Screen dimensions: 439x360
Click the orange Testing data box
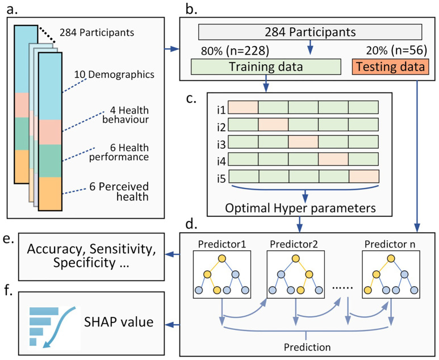390,66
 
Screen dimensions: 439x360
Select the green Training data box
266,66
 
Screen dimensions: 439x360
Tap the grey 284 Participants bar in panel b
310,32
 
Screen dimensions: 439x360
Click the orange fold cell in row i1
243,107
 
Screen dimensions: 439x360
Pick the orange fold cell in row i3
303,141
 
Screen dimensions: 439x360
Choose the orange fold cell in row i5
364,177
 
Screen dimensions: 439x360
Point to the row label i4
221,161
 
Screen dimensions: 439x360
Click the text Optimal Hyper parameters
300,208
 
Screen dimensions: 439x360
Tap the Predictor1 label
221,244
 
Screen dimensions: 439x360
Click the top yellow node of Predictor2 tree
296,258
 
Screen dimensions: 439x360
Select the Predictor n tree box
391,274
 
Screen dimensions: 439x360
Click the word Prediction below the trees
307,347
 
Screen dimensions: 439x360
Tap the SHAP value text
119,322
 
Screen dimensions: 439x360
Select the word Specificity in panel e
84,262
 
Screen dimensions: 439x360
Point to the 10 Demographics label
114,74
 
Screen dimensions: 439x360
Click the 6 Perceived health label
119,192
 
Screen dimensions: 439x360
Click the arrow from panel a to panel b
172,49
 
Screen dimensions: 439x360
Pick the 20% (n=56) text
396,51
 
